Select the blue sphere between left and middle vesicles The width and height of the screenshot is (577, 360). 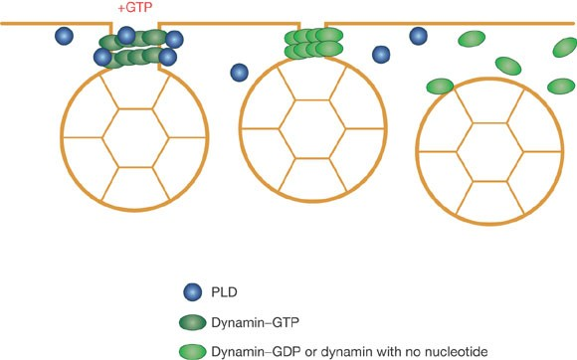[x=239, y=72]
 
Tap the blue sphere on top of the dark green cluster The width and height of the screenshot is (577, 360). [x=126, y=36]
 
